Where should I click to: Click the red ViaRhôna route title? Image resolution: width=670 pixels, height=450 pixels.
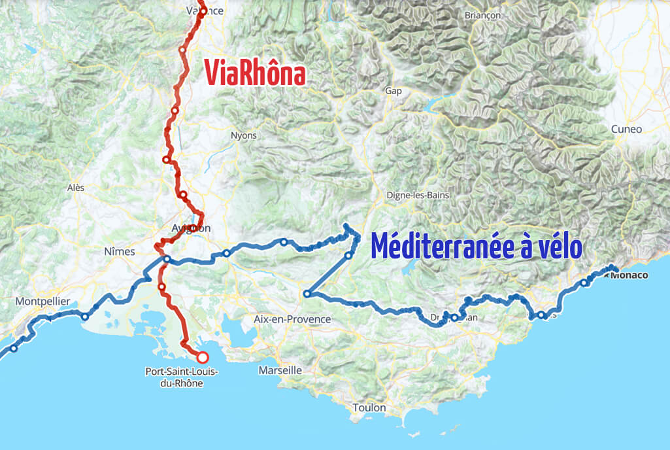[x=255, y=73]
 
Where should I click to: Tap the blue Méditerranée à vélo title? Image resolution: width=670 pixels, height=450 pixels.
[x=477, y=247]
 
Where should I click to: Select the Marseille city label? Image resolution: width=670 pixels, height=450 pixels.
[x=280, y=370]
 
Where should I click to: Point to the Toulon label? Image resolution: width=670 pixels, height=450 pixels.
[x=369, y=407]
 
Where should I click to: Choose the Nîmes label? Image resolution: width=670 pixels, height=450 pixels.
[x=120, y=251]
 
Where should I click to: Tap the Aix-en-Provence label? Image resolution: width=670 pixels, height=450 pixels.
[x=292, y=319]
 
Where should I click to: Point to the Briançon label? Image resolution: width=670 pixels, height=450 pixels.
[x=482, y=15]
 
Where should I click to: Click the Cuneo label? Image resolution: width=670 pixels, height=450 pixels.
[x=626, y=129]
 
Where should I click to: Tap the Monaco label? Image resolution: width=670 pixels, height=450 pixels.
[x=629, y=275]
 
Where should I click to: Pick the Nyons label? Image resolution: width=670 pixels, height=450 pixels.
[x=244, y=135]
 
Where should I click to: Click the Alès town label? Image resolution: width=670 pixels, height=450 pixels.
[x=76, y=187]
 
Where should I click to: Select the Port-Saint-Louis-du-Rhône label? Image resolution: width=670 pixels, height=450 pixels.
[x=182, y=377]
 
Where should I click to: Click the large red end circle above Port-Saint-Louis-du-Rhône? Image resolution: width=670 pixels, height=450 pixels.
[x=203, y=357]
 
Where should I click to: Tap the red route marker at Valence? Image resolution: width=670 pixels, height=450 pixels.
[x=203, y=10]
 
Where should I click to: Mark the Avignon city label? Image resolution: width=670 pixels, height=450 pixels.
[x=191, y=228]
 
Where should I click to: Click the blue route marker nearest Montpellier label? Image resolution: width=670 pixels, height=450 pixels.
[x=84, y=317]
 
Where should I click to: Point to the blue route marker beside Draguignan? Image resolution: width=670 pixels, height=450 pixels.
[x=454, y=318]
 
